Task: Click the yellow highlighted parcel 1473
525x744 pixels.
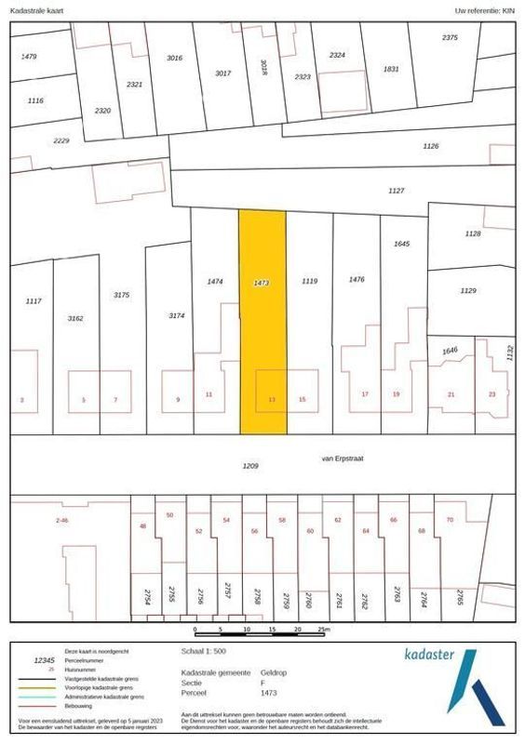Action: [262, 325]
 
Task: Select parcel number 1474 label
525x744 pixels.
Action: [215, 281]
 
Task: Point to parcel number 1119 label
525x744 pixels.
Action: [309, 280]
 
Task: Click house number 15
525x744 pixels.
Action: [302, 400]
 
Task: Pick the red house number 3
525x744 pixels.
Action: [21, 400]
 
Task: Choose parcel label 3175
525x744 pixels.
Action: [121, 295]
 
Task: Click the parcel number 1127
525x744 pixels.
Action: [397, 190]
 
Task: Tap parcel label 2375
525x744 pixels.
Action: [450, 37]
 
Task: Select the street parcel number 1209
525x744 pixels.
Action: [249, 466]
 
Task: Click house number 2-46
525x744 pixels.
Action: [62, 520]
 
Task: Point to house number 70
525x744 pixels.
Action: [450, 519]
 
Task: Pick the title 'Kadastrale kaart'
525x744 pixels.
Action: [36, 10]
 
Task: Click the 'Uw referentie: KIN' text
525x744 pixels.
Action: [483, 10]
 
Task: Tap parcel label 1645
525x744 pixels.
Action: [402, 244]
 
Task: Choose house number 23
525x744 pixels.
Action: [491, 394]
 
